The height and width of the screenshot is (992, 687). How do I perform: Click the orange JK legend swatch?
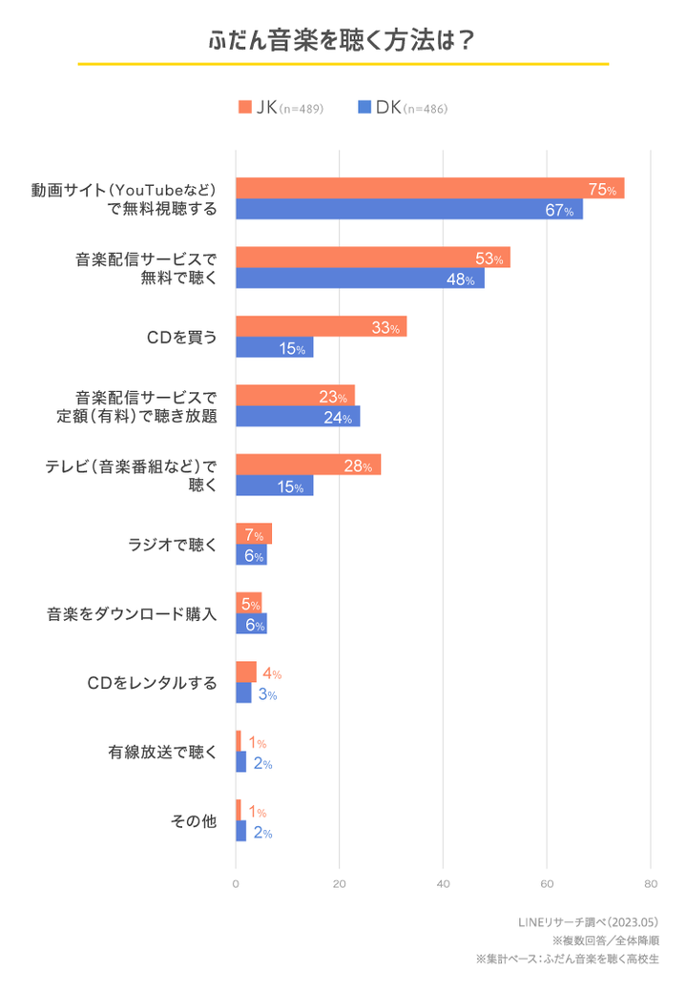coord(244,108)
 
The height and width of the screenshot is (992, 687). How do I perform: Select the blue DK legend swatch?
coord(364,108)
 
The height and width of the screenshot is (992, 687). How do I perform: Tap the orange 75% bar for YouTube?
coord(429,188)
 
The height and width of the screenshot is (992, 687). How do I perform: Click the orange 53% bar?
coord(372,258)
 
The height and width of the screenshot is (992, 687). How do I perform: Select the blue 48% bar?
coord(360,279)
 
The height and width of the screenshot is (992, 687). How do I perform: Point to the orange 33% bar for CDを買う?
coord(321,326)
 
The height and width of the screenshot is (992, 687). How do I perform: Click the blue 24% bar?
coord(298,417)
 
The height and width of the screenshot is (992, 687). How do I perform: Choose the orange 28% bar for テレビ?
coord(308,465)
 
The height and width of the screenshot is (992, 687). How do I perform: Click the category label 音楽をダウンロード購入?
coord(133,614)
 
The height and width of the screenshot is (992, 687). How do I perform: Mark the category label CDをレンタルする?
coord(152,684)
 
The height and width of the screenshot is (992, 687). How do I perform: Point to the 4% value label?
coord(271,673)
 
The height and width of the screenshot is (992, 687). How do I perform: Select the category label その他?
coord(193,821)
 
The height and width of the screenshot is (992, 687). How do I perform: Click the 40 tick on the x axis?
coord(443,883)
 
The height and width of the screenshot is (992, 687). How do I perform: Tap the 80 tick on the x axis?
coord(650,883)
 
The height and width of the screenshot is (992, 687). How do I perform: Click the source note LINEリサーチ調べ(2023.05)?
coord(588,921)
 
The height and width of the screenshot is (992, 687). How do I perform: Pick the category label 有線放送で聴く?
coord(162,753)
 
